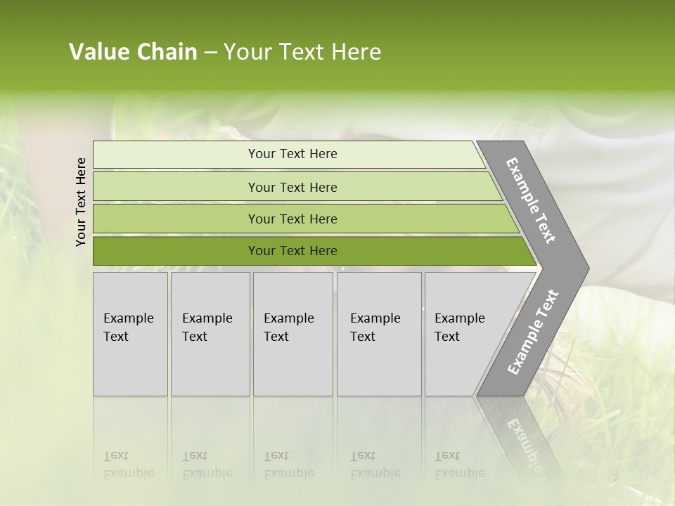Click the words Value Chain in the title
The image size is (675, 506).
[x=133, y=52]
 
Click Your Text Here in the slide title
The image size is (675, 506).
[x=302, y=52]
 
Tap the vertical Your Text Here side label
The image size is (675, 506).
[x=81, y=202]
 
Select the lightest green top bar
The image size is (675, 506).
[x=176, y=155]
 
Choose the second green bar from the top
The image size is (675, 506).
[x=176, y=187]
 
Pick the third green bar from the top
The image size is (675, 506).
[x=176, y=219]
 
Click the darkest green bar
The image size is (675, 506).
[x=176, y=251]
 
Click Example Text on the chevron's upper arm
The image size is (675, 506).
[x=531, y=200]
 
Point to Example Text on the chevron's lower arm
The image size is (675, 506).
[x=532, y=332]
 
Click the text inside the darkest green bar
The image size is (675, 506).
[x=292, y=251]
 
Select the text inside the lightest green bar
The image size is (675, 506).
[x=292, y=154]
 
